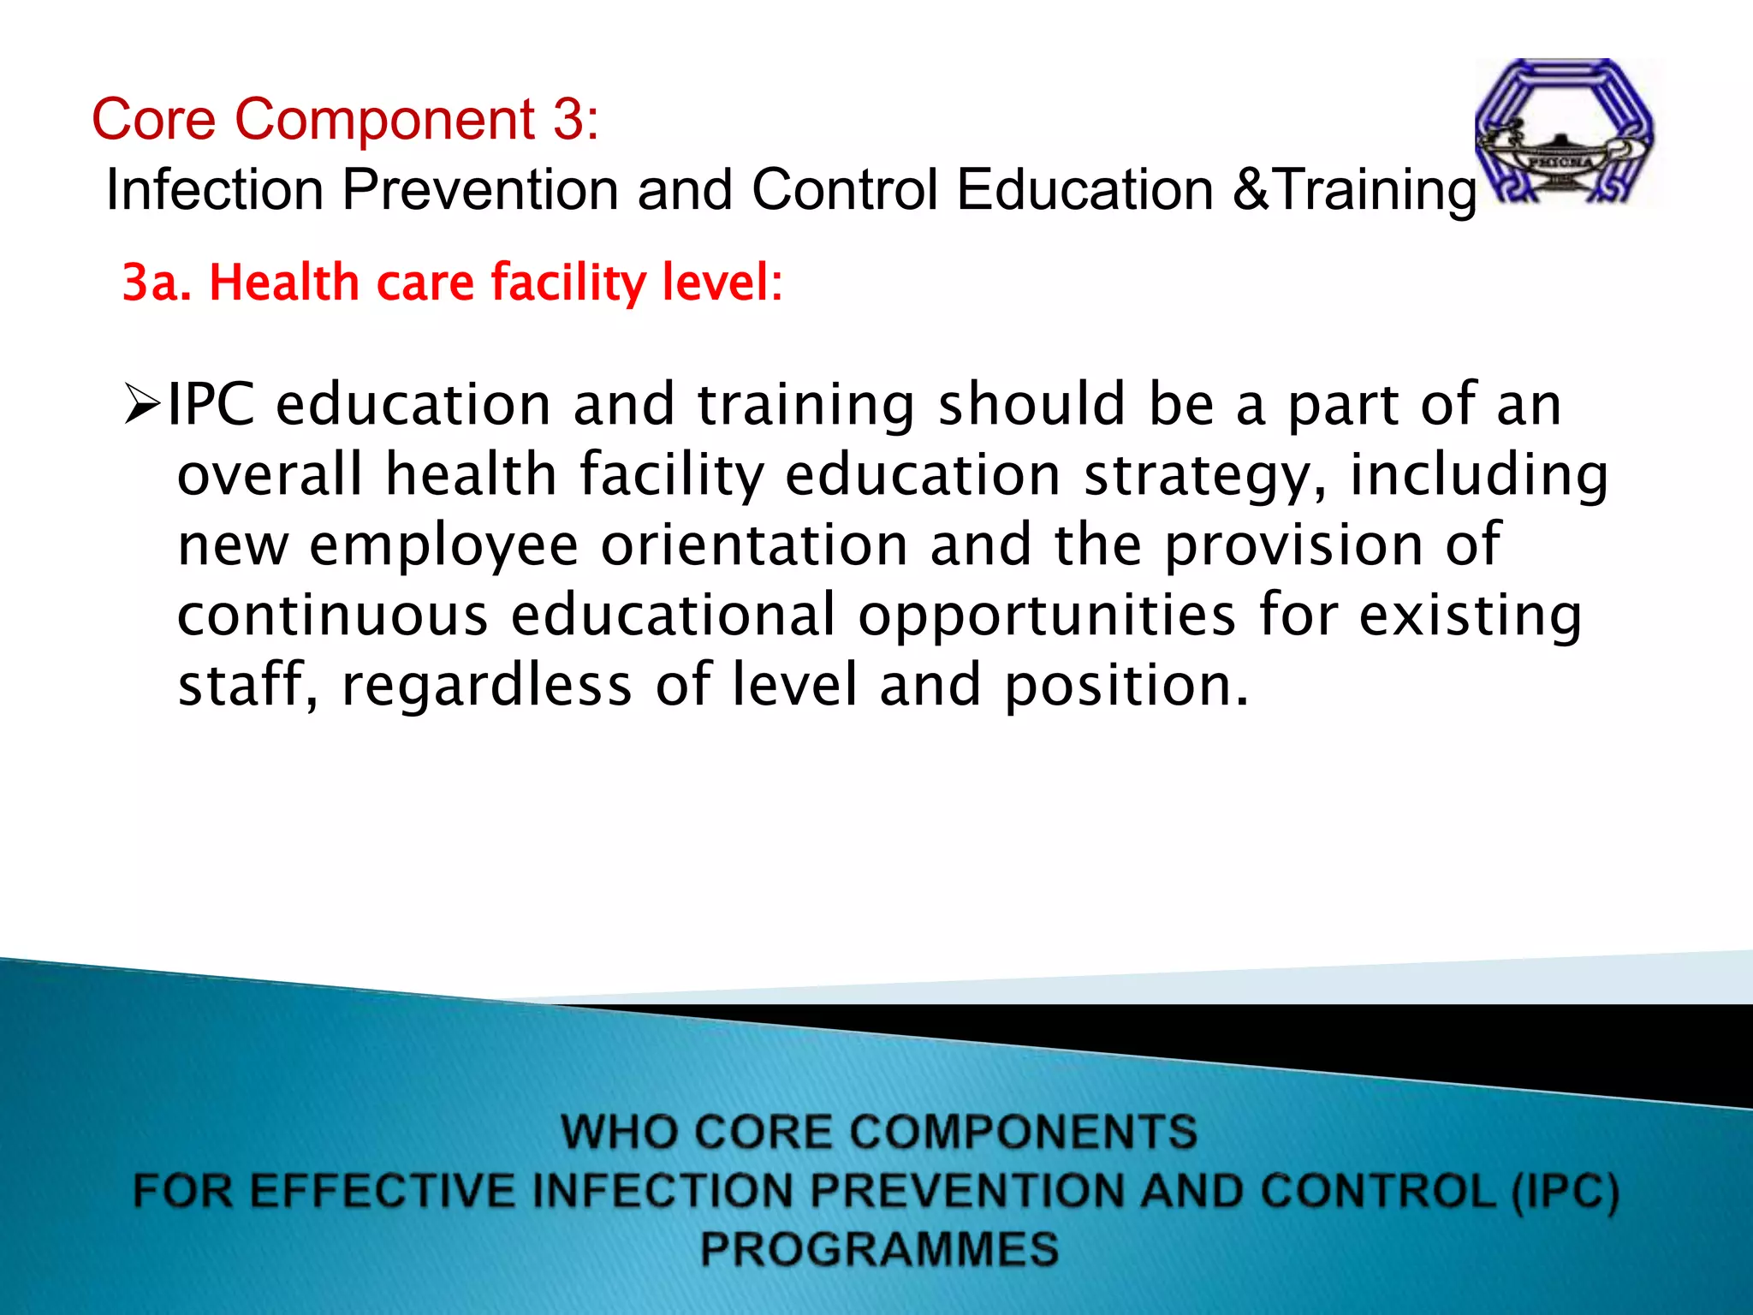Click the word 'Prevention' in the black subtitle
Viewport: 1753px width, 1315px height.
click(x=479, y=189)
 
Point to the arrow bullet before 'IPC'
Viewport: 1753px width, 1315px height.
click(x=142, y=405)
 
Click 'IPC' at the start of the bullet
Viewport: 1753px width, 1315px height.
click(x=211, y=405)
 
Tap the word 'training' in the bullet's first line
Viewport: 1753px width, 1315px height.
click(x=805, y=405)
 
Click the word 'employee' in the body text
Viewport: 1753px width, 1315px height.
click(x=443, y=546)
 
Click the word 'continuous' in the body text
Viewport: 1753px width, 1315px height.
click(x=332, y=616)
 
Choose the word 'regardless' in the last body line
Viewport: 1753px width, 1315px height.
click(x=486, y=686)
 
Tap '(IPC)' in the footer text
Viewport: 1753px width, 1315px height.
click(x=1565, y=1192)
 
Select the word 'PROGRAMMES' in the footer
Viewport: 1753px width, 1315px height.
click(x=879, y=1248)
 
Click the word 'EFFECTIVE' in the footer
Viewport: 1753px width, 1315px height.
click(x=383, y=1192)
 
